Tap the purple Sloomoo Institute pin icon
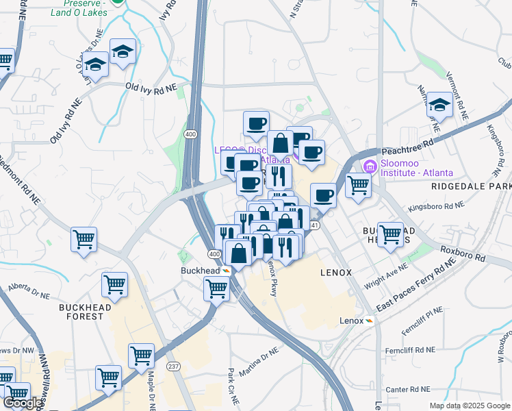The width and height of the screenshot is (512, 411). pos(370,166)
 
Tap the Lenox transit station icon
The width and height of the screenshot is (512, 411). pos(369,321)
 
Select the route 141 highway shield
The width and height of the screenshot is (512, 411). pos(314,225)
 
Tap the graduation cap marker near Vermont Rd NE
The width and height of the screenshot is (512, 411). pos(439,105)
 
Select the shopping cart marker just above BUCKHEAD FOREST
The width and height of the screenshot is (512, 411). pos(114,284)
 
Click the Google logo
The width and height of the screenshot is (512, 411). pos(22,403)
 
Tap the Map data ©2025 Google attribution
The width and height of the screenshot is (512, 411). pos(469,406)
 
